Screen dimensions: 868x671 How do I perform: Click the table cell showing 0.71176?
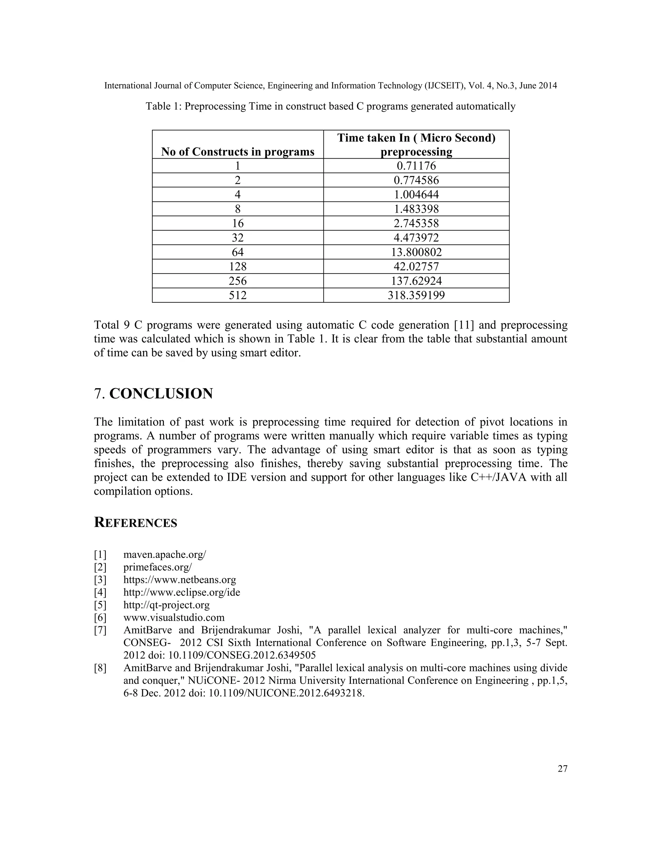(x=416, y=166)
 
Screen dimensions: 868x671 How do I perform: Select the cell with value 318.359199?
(x=416, y=295)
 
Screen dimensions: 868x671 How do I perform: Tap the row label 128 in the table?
(x=238, y=266)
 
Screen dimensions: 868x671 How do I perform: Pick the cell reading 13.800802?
(x=416, y=252)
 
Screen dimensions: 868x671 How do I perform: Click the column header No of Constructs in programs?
(x=238, y=152)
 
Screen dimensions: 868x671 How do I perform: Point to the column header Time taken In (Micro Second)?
(x=416, y=138)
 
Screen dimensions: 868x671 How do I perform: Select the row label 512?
(x=238, y=295)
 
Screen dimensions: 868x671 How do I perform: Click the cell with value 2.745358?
(x=416, y=223)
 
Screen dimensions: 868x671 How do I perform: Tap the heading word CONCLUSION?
(x=161, y=393)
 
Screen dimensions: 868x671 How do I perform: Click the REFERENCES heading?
(x=136, y=523)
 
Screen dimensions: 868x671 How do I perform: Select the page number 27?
(x=563, y=769)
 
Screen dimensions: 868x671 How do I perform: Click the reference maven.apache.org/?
(x=164, y=555)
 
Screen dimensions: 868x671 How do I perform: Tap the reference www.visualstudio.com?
(x=174, y=618)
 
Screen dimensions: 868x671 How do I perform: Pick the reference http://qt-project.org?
(x=166, y=605)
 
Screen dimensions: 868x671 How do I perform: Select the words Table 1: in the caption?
(x=163, y=106)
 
